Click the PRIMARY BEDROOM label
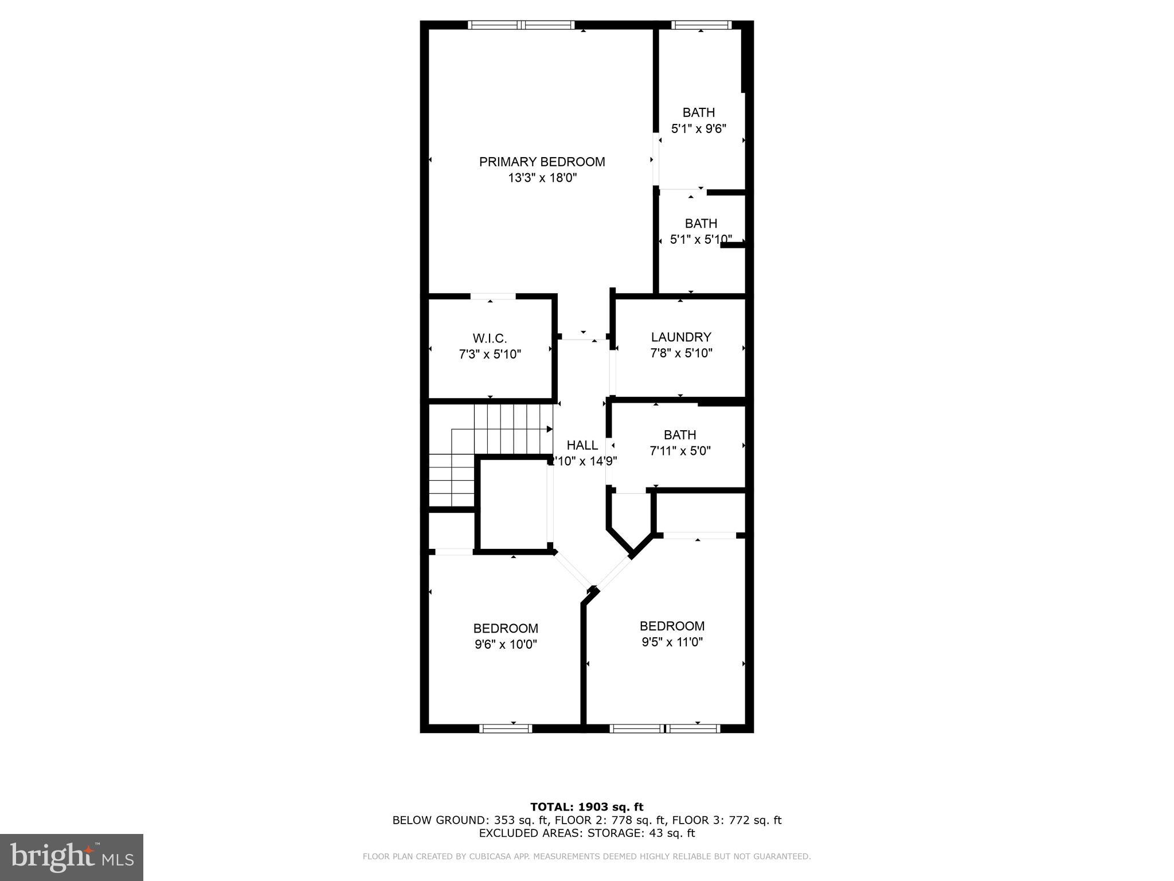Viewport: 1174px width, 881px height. coord(542,162)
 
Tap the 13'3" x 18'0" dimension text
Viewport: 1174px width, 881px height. coord(542,178)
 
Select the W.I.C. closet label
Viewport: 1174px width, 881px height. coord(490,338)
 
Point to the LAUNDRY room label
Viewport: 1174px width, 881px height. coord(681,337)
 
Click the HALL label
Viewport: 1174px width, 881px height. coord(582,445)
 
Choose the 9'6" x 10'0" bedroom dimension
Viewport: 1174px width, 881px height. coord(506,644)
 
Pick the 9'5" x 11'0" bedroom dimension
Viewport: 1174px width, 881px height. coord(672,642)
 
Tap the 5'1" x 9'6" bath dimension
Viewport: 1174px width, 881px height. coord(699,128)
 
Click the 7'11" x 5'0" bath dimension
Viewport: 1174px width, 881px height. coord(680,451)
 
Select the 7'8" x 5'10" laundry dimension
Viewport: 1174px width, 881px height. coord(681,353)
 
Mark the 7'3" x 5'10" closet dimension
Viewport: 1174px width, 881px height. coord(490,354)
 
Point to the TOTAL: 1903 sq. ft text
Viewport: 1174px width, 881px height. coord(586,808)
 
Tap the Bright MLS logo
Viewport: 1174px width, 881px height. coord(72,857)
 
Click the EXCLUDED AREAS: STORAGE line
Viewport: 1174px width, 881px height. coord(586,833)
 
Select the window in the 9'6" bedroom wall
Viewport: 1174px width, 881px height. coord(506,728)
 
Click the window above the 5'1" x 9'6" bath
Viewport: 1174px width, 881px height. coord(701,25)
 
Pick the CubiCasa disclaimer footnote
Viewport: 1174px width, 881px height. coord(586,857)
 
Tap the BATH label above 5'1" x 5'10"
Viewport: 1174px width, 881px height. coord(701,223)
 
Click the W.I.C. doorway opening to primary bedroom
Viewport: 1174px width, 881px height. coord(492,297)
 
